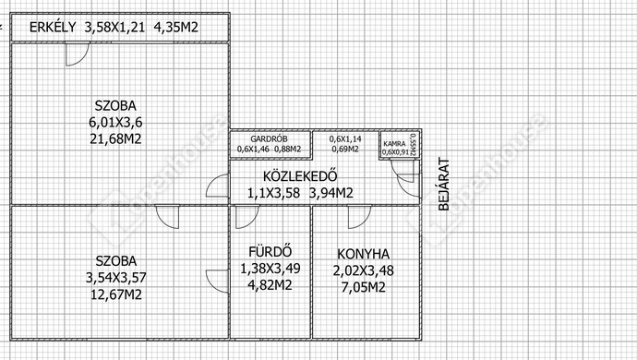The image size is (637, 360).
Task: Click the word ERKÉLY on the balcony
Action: (x=53, y=28)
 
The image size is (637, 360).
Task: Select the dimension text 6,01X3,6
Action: (x=119, y=121)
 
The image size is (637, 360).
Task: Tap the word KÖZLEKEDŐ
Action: (x=298, y=176)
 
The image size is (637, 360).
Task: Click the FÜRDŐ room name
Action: (x=270, y=251)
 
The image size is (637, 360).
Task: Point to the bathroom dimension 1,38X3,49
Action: (x=270, y=268)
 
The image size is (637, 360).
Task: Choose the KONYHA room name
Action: (x=363, y=254)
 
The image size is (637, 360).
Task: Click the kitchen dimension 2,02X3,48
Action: (x=363, y=270)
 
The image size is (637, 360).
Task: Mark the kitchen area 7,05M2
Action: (x=363, y=287)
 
